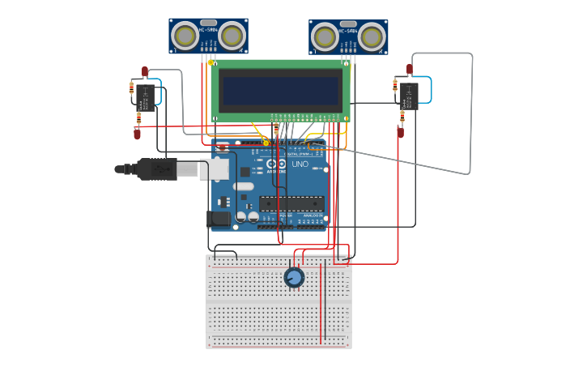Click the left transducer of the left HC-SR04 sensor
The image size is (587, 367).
185,36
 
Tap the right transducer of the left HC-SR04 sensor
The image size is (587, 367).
232,36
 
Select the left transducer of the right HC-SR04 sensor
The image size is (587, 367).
325,37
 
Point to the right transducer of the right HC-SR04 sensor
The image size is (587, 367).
372,37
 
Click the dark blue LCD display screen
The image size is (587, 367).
281,90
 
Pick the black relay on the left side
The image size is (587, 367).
146,97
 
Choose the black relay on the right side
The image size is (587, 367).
410,95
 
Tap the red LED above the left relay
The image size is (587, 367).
145,71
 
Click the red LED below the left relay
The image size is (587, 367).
137,134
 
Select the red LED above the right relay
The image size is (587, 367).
410,69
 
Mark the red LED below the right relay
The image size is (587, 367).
400,131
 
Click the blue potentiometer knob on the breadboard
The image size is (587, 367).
294,278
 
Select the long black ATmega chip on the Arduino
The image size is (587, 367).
291,203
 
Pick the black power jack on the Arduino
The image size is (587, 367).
218,218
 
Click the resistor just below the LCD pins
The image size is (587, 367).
276,130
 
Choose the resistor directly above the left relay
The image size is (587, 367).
132,87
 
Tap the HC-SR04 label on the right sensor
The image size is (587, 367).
348,31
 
